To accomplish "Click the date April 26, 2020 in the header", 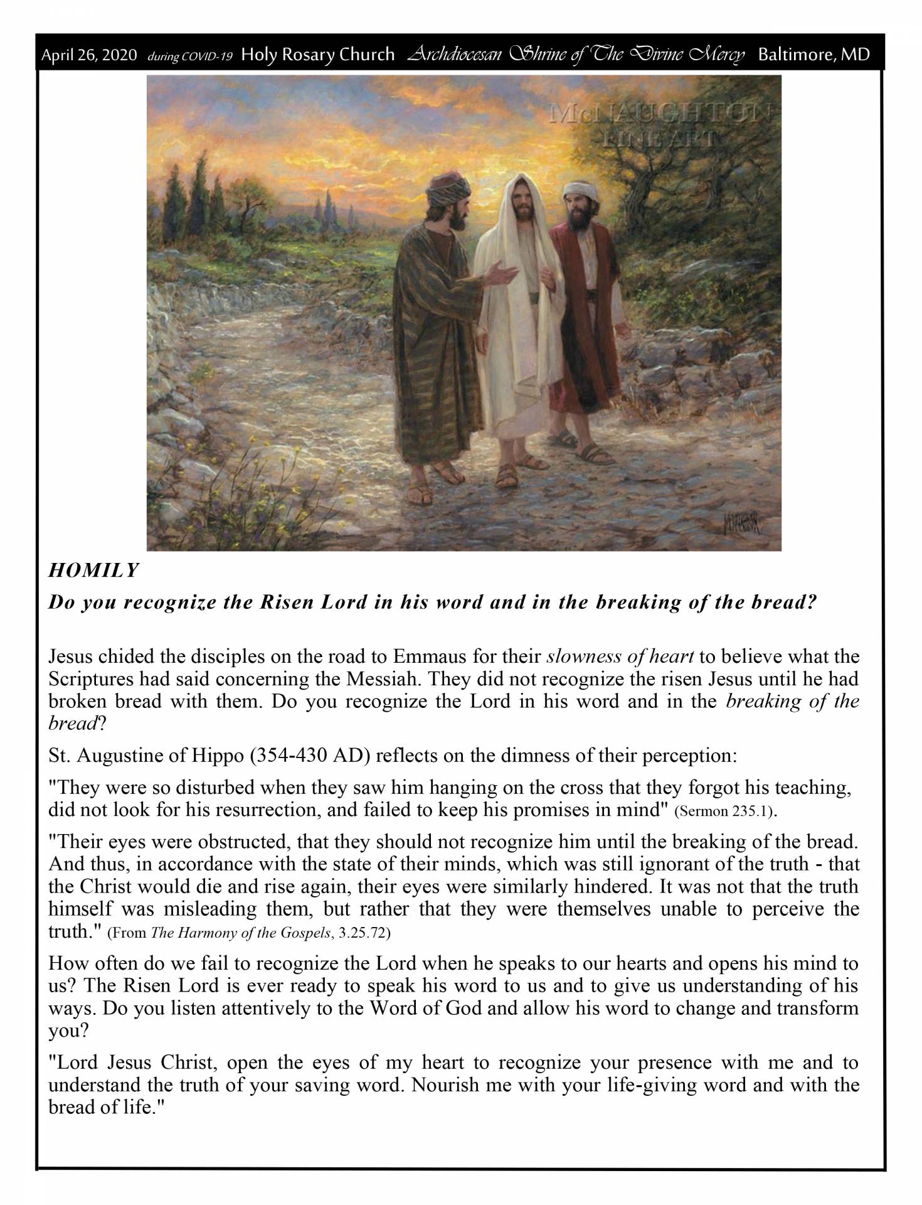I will point(88,56).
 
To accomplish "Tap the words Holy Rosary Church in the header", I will point(317,55).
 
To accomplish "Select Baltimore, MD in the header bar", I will point(813,55).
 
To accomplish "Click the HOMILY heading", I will point(93,570).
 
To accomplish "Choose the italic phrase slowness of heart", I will point(620,657).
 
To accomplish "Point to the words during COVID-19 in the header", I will point(189,56).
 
